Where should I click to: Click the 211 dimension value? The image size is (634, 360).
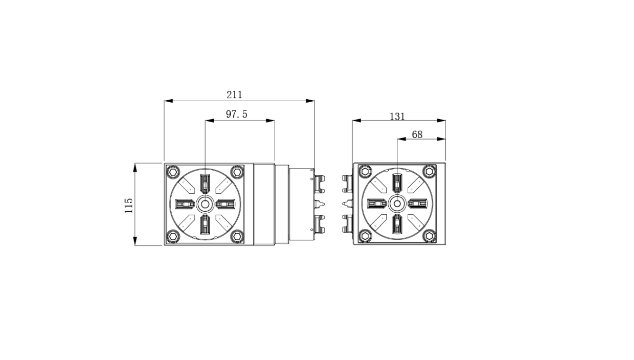[x=234, y=95]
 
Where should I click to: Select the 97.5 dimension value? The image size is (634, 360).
[x=236, y=114]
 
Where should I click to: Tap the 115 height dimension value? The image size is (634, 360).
[x=129, y=206]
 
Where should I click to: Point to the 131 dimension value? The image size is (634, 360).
[x=397, y=116]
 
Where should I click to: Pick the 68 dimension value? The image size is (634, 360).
[x=417, y=134]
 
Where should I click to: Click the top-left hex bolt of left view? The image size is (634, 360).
[x=173, y=171]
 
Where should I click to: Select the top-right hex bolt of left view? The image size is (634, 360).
[x=237, y=171]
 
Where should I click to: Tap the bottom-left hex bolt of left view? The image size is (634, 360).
[x=173, y=236]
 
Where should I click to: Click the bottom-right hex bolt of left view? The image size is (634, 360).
[x=237, y=236]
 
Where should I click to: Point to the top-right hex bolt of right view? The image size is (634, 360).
[x=429, y=171]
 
